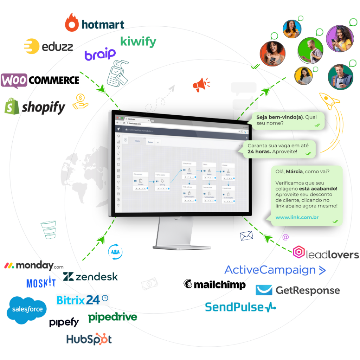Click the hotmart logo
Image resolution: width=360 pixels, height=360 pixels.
pyautogui.click(x=95, y=23)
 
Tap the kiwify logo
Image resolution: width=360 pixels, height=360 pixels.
pyautogui.click(x=138, y=41)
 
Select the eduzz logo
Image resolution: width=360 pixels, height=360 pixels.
pyautogui.click(x=48, y=47)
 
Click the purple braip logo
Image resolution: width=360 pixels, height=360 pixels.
pyautogui.click(x=100, y=54)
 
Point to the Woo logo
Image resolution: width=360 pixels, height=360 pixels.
pyautogui.click(x=14, y=81)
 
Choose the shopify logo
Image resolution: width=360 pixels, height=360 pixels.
pyautogui.click(x=35, y=107)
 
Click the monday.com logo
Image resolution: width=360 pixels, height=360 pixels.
pyautogui.click(x=33, y=266)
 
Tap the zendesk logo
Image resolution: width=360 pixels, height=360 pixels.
pyautogui.click(x=91, y=276)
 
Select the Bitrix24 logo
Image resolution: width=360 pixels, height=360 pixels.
pyautogui.click(x=82, y=300)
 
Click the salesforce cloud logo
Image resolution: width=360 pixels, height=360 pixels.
pyautogui.click(x=26, y=309)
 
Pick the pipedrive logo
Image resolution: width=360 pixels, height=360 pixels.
pyautogui.click(x=112, y=317)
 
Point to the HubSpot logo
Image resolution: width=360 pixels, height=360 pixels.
pyautogui.click(x=89, y=339)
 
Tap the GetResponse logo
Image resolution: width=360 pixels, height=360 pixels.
pyautogui.click(x=297, y=290)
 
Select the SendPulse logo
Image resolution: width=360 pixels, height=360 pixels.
pyautogui.click(x=240, y=307)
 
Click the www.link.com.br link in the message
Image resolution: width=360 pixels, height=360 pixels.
pyautogui.click(x=297, y=217)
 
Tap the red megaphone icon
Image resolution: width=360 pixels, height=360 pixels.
pyautogui.click(x=201, y=84)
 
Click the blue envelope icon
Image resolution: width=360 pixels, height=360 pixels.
pyautogui.click(x=246, y=236)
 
